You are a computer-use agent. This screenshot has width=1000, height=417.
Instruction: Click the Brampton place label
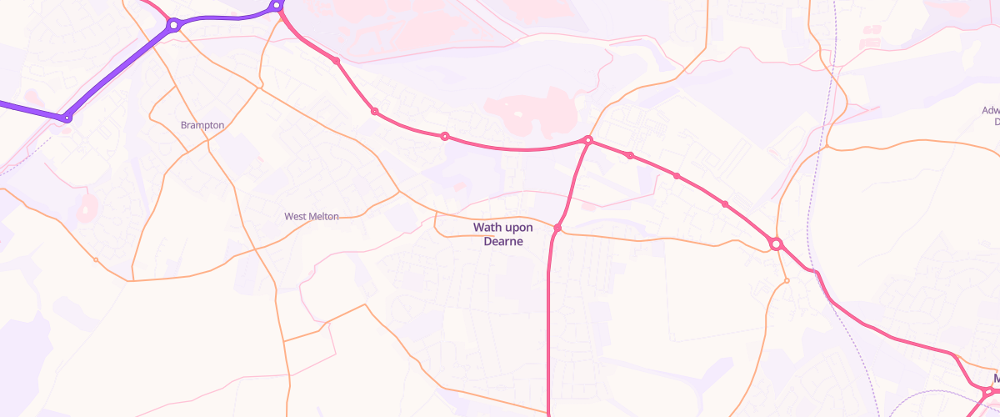tap(202, 125)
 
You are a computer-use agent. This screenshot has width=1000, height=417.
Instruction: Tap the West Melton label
tap(312, 216)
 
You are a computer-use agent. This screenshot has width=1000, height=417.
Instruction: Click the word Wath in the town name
tap(487, 227)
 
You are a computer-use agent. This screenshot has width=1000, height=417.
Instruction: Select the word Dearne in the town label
tap(503, 241)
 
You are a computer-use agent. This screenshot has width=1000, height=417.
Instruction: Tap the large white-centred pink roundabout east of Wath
tap(776, 244)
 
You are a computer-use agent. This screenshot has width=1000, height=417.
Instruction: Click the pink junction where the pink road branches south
tap(588, 140)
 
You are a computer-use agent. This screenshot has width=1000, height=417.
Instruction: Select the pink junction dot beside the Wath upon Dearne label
tap(557, 228)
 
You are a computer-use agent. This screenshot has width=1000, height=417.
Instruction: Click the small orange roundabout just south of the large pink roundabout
tap(787, 281)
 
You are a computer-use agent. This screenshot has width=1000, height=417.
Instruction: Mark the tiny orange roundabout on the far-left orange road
tap(96, 260)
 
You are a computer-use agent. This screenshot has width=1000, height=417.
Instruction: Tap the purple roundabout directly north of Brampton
tap(173, 25)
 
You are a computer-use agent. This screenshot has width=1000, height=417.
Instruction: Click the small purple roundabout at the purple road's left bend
tap(67, 118)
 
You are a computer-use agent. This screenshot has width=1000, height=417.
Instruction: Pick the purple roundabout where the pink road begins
tap(277, 7)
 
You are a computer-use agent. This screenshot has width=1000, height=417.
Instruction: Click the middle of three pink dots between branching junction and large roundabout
tap(677, 176)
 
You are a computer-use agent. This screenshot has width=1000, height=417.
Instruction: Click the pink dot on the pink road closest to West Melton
tap(375, 112)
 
